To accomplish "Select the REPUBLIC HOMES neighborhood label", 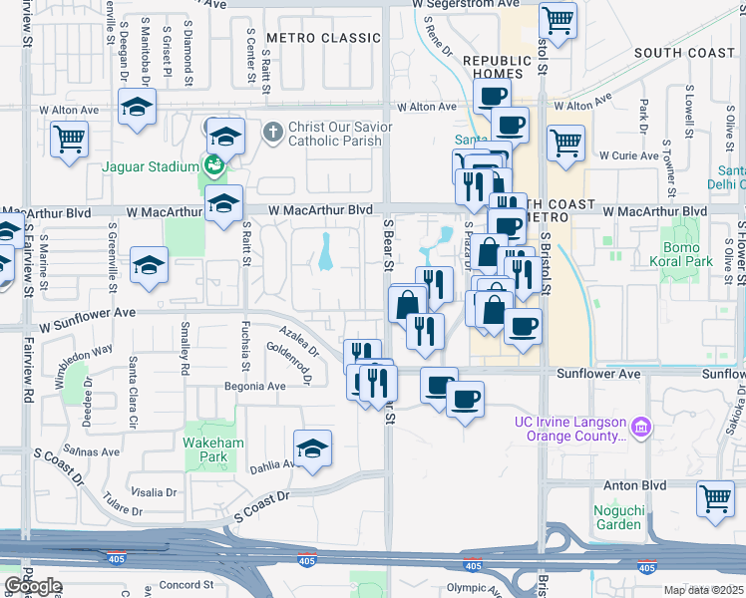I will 494,68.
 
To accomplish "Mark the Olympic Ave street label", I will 473,588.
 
